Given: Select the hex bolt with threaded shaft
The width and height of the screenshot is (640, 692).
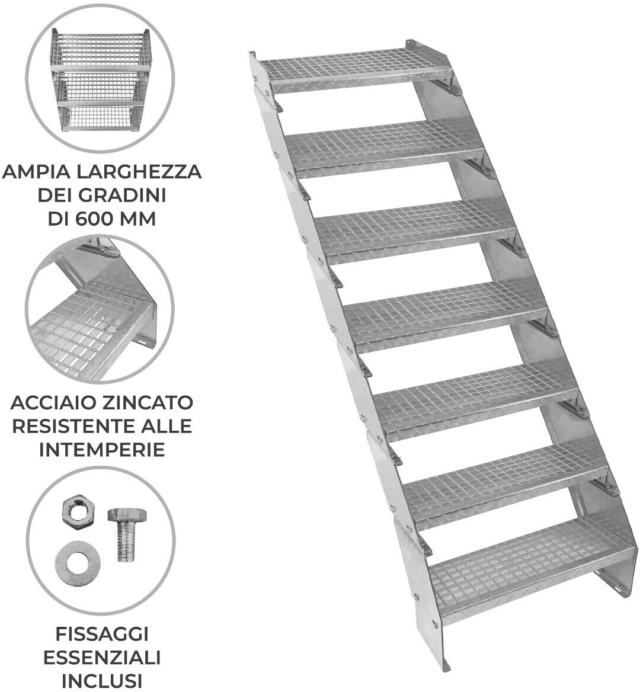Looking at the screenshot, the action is click(x=126, y=534).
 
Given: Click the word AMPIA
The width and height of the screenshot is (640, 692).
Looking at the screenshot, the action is click(x=36, y=172).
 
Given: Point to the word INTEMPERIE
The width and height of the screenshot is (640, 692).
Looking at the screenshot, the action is click(x=102, y=450).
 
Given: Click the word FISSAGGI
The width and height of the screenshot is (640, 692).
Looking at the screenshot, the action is click(x=102, y=634).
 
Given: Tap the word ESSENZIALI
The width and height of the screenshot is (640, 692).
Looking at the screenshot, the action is click(x=102, y=658).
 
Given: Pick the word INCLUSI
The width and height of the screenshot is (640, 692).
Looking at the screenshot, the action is click(x=102, y=681).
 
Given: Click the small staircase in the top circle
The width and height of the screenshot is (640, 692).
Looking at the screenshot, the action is click(x=101, y=81).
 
